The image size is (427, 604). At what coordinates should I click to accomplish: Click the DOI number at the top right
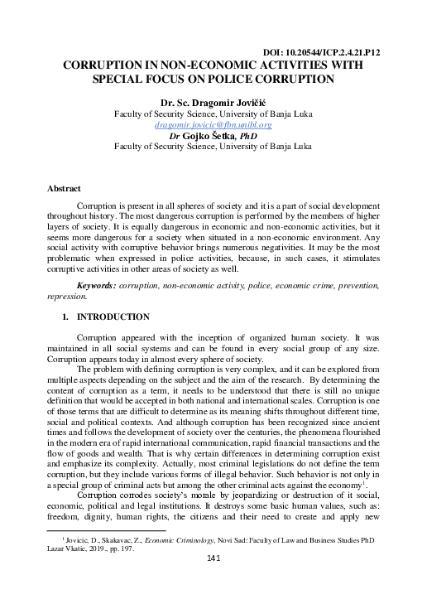[351, 51]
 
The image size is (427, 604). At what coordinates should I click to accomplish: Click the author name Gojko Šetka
[214, 135]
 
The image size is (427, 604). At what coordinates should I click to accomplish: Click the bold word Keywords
[100, 284]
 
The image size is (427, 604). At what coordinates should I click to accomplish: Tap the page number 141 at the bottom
[213, 582]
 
